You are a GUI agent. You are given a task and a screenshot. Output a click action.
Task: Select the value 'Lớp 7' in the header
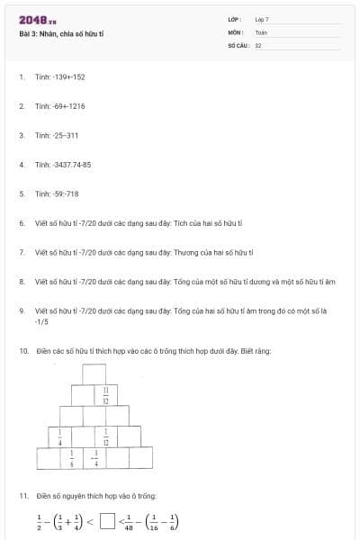[262, 19]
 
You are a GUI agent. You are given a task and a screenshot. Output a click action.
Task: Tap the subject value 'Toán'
[261, 31]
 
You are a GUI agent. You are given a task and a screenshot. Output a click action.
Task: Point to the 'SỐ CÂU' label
[237, 44]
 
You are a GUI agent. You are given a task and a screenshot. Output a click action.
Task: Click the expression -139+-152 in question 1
[68, 77]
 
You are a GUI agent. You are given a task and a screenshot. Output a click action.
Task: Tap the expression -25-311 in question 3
[66, 136]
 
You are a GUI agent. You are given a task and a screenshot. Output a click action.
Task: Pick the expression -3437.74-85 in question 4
[72, 165]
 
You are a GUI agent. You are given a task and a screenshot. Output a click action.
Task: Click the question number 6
[21, 223]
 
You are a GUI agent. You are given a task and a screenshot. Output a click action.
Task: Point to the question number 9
[21, 310]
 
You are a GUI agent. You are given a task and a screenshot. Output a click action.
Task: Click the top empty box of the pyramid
[94, 373]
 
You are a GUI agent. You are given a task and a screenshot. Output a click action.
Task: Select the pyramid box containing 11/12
[105, 394]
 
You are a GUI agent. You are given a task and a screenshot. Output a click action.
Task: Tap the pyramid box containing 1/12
[106, 437]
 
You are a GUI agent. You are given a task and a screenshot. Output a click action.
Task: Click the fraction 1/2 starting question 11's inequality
[38, 521]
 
